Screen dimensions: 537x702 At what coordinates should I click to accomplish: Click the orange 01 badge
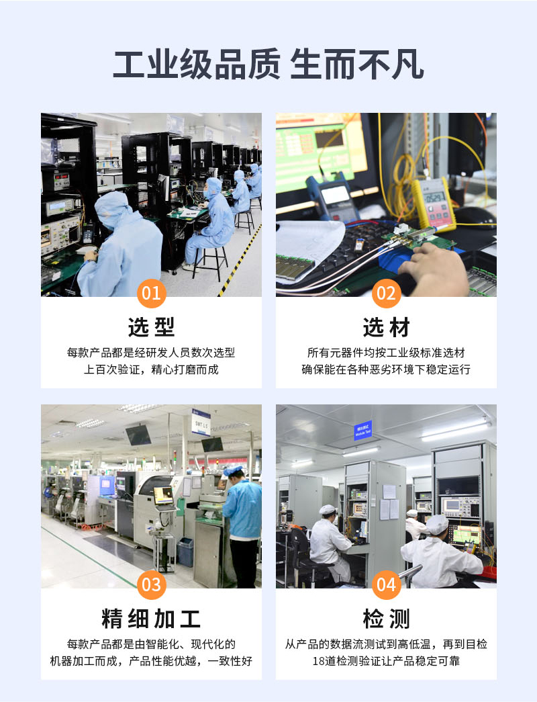point(151,294)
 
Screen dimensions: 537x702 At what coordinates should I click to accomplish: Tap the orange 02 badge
point(386,294)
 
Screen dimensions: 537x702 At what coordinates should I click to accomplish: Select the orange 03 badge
point(151,584)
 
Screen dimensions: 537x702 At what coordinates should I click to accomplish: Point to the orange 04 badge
point(386,584)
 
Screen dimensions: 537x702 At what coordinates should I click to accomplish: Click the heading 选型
point(151,327)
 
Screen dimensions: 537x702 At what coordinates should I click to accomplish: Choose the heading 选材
point(386,327)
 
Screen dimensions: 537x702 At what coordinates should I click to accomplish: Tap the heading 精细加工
point(151,619)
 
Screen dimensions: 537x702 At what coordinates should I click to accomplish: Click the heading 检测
point(386,619)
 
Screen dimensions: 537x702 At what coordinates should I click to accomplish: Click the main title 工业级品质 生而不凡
point(268,64)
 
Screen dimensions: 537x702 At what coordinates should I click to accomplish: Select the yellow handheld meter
point(433,203)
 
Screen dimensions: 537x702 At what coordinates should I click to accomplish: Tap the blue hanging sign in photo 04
point(363,430)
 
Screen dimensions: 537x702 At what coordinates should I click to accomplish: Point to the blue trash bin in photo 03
point(185,552)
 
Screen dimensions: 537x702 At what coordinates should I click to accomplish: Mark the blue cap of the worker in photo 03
point(234,470)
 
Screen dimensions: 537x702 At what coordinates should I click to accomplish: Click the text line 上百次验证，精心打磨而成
point(151,369)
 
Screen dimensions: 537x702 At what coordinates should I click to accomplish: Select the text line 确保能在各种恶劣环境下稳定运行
point(386,369)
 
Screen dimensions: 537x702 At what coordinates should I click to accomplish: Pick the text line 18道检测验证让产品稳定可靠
point(386,661)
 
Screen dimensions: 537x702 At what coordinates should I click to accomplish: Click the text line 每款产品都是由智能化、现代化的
point(151,644)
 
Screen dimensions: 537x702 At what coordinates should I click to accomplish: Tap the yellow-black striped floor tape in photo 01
point(241,260)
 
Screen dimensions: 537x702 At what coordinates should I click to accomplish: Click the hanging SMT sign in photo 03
point(201,422)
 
